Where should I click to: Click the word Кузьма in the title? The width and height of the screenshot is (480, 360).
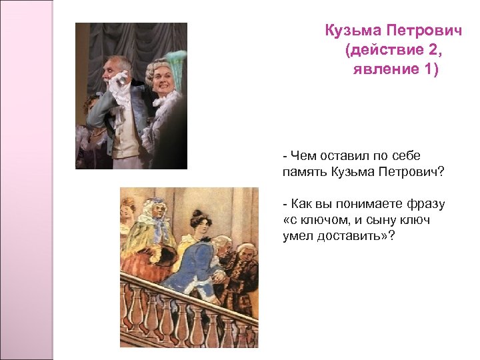coord(351,31)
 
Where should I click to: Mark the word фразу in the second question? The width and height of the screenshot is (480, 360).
coord(424,203)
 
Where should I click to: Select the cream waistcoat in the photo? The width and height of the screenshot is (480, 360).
coord(131,133)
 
